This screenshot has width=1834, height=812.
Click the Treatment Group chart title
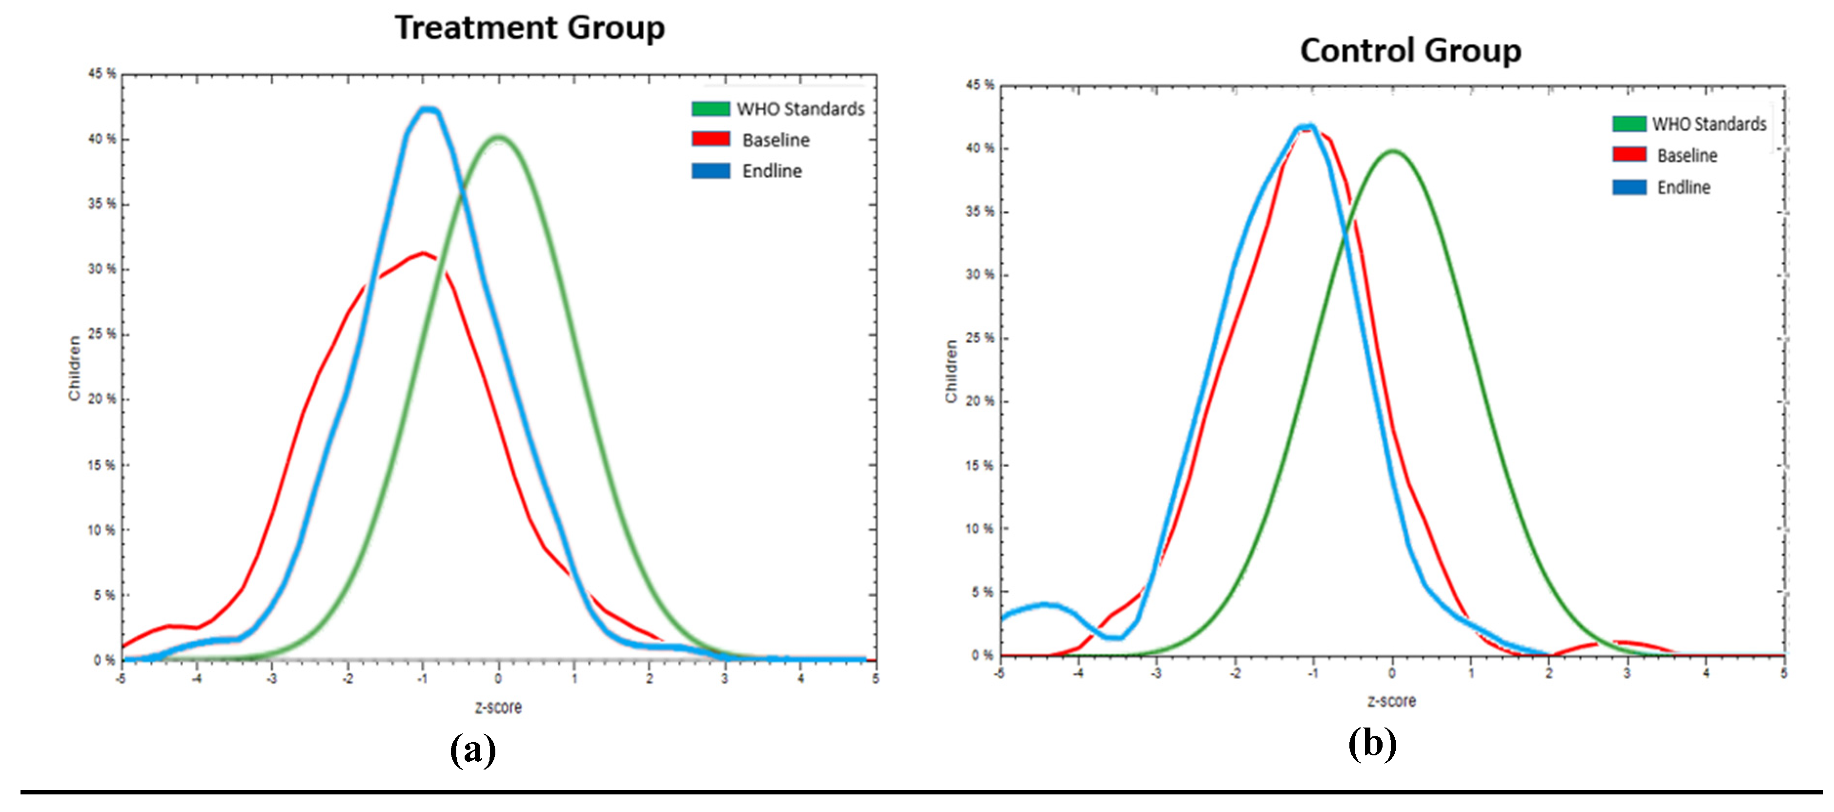(530, 28)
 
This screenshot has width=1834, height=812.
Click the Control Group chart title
(1410, 51)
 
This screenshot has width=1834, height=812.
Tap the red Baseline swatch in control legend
(1629, 155)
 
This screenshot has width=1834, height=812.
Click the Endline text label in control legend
(1683, 187)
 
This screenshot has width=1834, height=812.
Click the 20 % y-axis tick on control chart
(979, 401)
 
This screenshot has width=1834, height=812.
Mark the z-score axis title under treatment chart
(498, 708)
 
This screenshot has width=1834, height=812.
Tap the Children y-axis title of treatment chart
(74, 368)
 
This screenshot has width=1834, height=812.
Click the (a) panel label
(473, 750)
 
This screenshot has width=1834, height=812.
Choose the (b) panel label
(1372, 744)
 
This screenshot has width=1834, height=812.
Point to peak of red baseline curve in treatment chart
(424, 253)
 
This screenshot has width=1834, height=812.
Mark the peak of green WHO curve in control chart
(1393, 151)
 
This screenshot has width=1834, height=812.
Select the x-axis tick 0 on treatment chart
(498, 678)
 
